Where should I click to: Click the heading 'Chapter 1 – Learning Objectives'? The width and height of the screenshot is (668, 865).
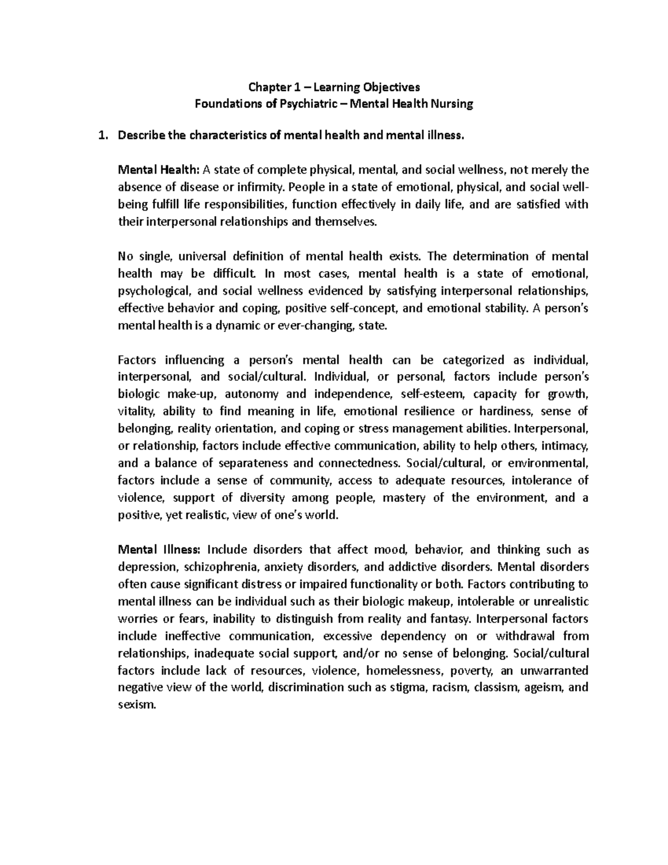334,87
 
